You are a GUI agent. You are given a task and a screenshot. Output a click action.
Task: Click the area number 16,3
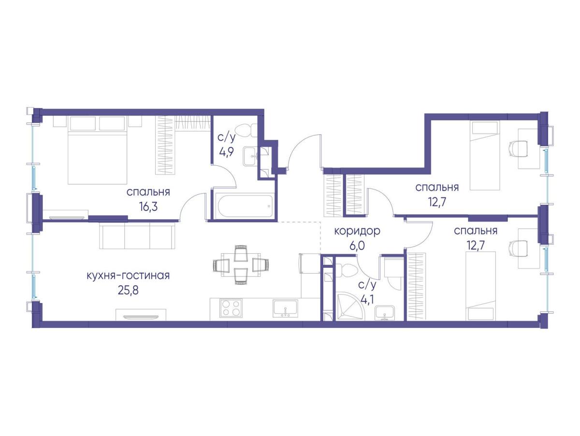148,207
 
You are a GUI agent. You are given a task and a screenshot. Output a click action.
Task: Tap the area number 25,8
128,291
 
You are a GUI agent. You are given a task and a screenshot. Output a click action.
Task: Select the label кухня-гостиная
128,276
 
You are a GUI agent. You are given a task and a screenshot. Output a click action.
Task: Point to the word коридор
357,232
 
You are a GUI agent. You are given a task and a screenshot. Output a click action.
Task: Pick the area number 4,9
227,152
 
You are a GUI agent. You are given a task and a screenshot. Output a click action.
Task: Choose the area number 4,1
367,300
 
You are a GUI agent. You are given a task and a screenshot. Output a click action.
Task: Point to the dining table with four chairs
241,264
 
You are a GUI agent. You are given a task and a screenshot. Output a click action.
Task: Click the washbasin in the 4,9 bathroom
250,157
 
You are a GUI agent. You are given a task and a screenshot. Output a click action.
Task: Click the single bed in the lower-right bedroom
480,286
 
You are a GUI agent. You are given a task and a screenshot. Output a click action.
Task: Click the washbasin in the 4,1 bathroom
385,314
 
